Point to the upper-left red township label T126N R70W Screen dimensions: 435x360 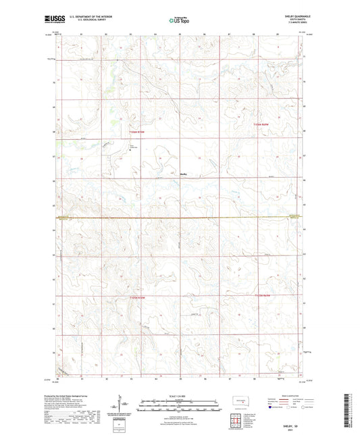[x=137, y=132]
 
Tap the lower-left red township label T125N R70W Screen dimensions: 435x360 [x=137, y=297]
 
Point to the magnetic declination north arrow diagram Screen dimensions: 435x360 [x=123, y=405]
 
